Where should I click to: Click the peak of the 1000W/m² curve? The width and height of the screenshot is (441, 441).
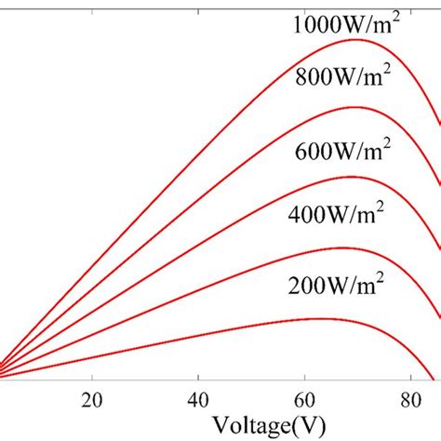point(358,40)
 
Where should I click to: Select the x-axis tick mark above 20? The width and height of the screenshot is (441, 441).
point(91,375)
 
